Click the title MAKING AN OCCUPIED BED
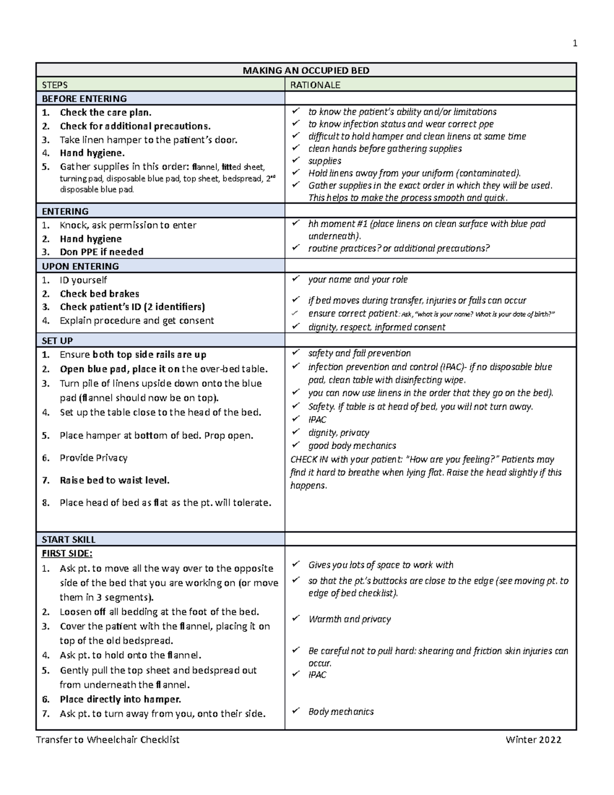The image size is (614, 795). click(x=305, y=70)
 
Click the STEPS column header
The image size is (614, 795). click(x=55, y=85)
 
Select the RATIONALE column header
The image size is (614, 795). click(x=315, y=85)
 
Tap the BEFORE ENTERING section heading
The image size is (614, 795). click(x=84, y=99)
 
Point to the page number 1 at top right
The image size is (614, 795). click(x=575, y=44)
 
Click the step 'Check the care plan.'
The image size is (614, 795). click(x=105, y=113)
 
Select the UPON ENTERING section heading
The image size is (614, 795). click(x=80, y=266)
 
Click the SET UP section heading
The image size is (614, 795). click(x=57, y=340)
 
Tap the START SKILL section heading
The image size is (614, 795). click(x=69, y=539)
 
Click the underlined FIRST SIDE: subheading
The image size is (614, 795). click(x=67, y=553)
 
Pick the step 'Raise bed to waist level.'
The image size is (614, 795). click(x=114, y=480)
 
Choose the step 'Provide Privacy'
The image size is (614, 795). click(x=93, y=458)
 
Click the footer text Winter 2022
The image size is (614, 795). click(x=533, y=740)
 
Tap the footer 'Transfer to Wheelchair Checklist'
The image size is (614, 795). click(x=107, y=740)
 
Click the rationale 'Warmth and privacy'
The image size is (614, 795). click(x=349, y=619)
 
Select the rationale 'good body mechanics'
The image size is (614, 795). click(x=352, y=446)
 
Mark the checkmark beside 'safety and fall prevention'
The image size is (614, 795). click(x=295, y=353)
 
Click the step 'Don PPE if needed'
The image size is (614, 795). click(x=101, y=252)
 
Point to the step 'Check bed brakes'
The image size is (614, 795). click(x=99, y=294)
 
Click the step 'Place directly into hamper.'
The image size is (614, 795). click(x=120, y=699)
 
